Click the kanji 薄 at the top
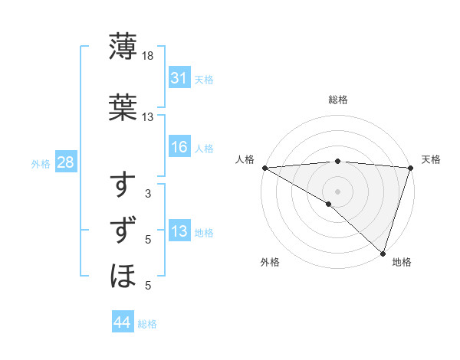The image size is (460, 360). pos(123,47)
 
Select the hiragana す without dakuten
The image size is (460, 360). pos(123,185)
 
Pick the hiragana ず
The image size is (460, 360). pos(123,231)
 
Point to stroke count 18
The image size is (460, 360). pos(148,56)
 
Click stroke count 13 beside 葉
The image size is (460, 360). pos(148,117)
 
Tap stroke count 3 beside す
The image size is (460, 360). pos(148,194)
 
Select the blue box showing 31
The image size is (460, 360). pos(179,78)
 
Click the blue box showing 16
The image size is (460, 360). pos(179,147)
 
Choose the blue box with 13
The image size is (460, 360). pos(179,231)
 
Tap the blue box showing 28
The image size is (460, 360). pos(65,162)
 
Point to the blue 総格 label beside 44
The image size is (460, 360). pos(147,324)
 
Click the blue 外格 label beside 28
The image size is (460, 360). pos(41,163)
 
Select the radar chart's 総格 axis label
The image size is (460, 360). pos(337,100)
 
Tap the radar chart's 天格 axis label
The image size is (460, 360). pos(431,159)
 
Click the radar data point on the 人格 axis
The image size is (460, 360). pos(264,168)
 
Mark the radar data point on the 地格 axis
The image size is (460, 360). pos(383,253)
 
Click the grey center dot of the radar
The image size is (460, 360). pos(337,191)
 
